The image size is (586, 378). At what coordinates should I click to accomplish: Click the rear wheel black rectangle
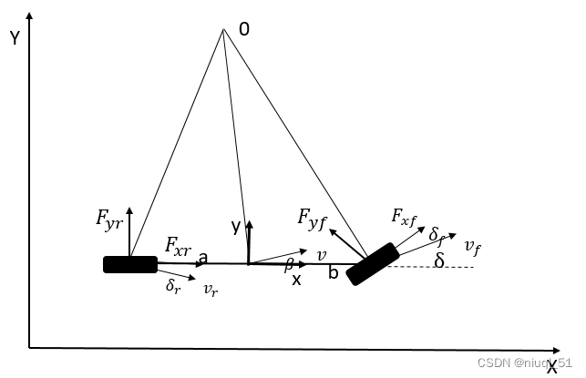(x=130, y=264)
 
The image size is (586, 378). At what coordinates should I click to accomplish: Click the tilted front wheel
(x=373, y=263)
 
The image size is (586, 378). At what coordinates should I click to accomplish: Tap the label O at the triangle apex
(x=243, y=30)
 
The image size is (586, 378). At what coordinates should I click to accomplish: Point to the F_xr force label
(x=179, y=245)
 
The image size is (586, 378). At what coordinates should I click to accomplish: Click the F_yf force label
(x=311, y=217)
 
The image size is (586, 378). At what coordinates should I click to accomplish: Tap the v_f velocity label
(x=471, y=246)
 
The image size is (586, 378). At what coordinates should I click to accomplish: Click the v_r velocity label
(x=210, y=290)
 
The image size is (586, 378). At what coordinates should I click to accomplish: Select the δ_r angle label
(x=172, y=286)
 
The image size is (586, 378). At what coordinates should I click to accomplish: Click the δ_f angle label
(x=437, y=236)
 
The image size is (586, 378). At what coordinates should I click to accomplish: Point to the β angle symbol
(x=289, y=264)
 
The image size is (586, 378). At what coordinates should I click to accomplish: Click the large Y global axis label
(x=15, y=37)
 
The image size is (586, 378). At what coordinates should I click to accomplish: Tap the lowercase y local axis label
(x=235, y=226)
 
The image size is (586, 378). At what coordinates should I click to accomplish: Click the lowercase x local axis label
(x=296, y=281)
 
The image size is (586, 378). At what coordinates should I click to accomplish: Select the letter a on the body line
(x=202, y=258)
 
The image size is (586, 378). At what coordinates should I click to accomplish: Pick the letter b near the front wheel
(x=334, y=271)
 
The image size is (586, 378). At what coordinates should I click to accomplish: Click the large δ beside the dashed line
(x=439, y=261)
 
